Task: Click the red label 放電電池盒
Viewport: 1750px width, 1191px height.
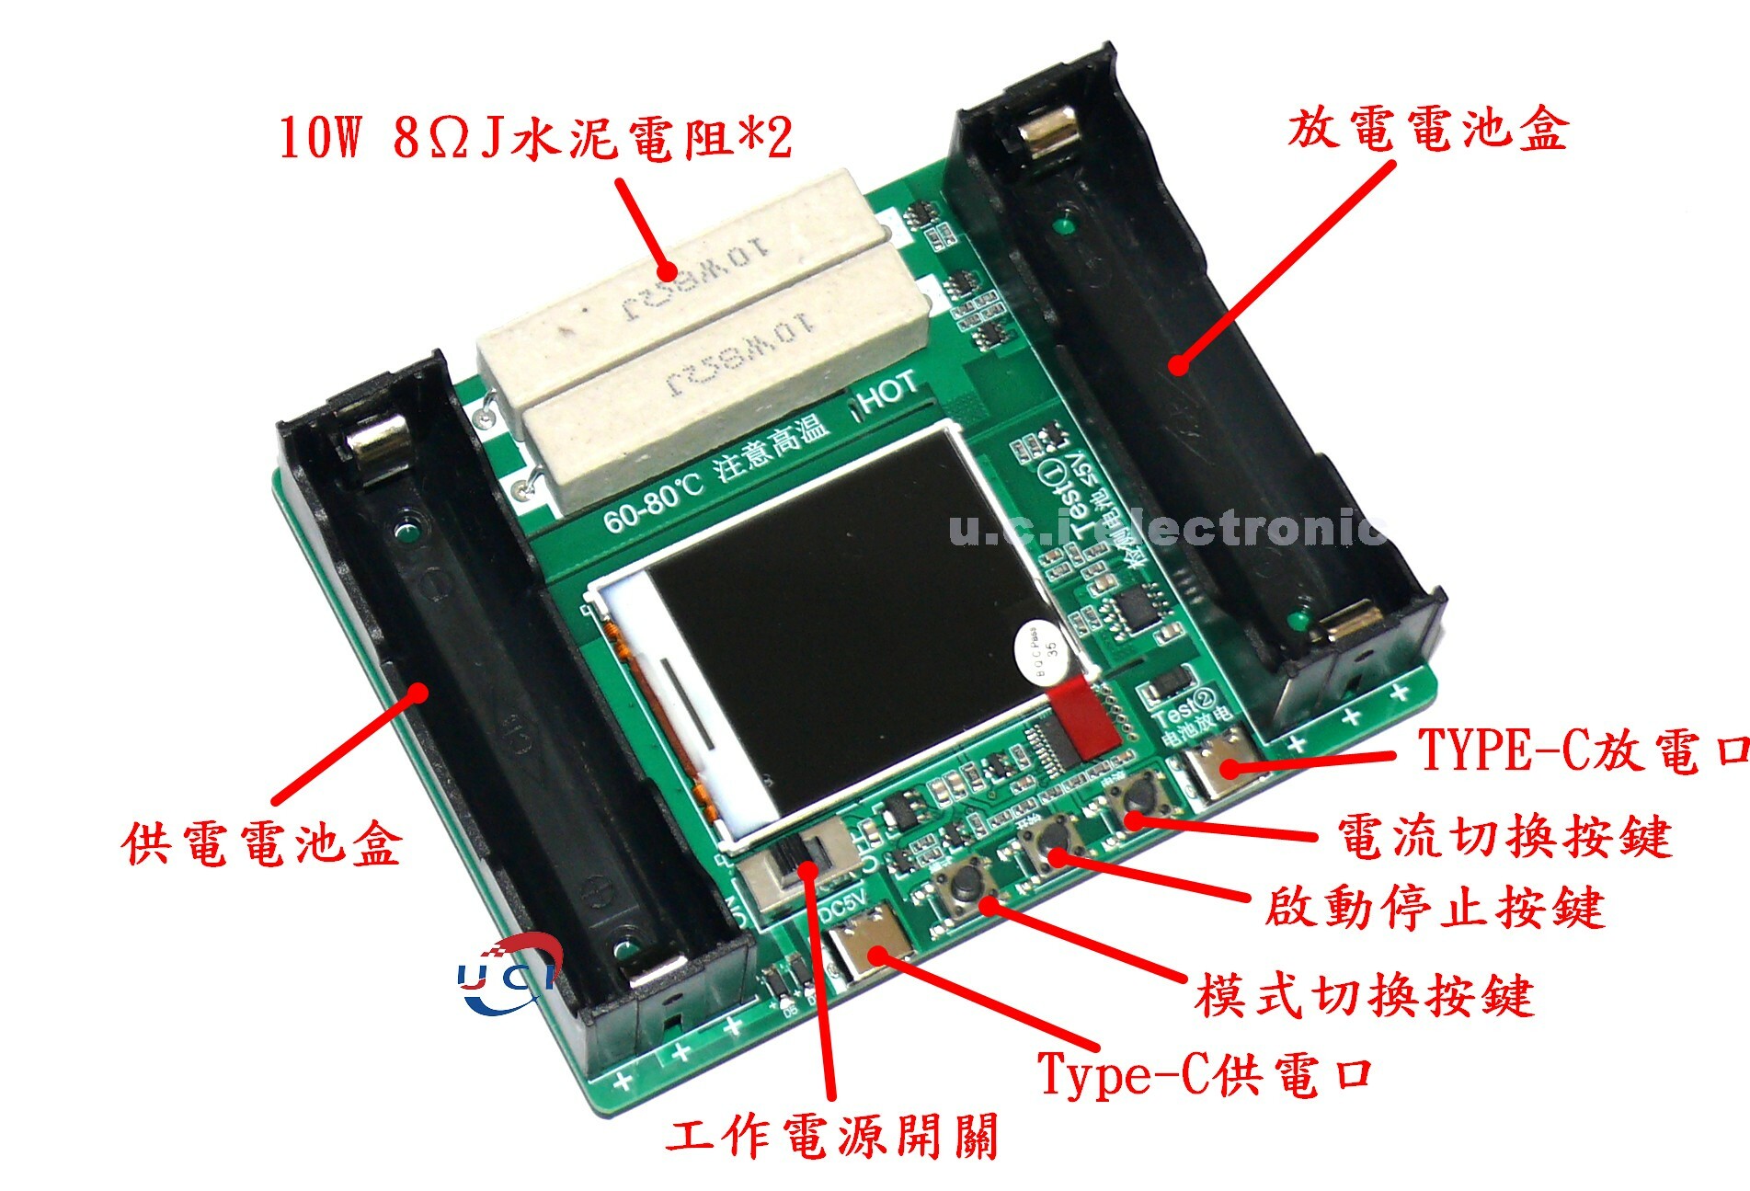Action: pos(1427,129)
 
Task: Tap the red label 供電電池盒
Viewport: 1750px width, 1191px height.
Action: pos(262,843)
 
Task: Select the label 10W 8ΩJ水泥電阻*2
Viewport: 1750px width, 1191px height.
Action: pos(535,138)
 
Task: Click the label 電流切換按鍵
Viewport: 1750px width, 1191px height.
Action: pos(1503,837)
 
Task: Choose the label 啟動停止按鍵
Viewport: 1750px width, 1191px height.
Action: pos(1435,908)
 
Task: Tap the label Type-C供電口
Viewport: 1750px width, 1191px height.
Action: pos(1205,1073)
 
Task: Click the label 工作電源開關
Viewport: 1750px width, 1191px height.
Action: pos(831,1137)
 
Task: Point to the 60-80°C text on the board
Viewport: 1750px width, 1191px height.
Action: pos(653,506)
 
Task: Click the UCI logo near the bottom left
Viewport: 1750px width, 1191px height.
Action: pos(510,975)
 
